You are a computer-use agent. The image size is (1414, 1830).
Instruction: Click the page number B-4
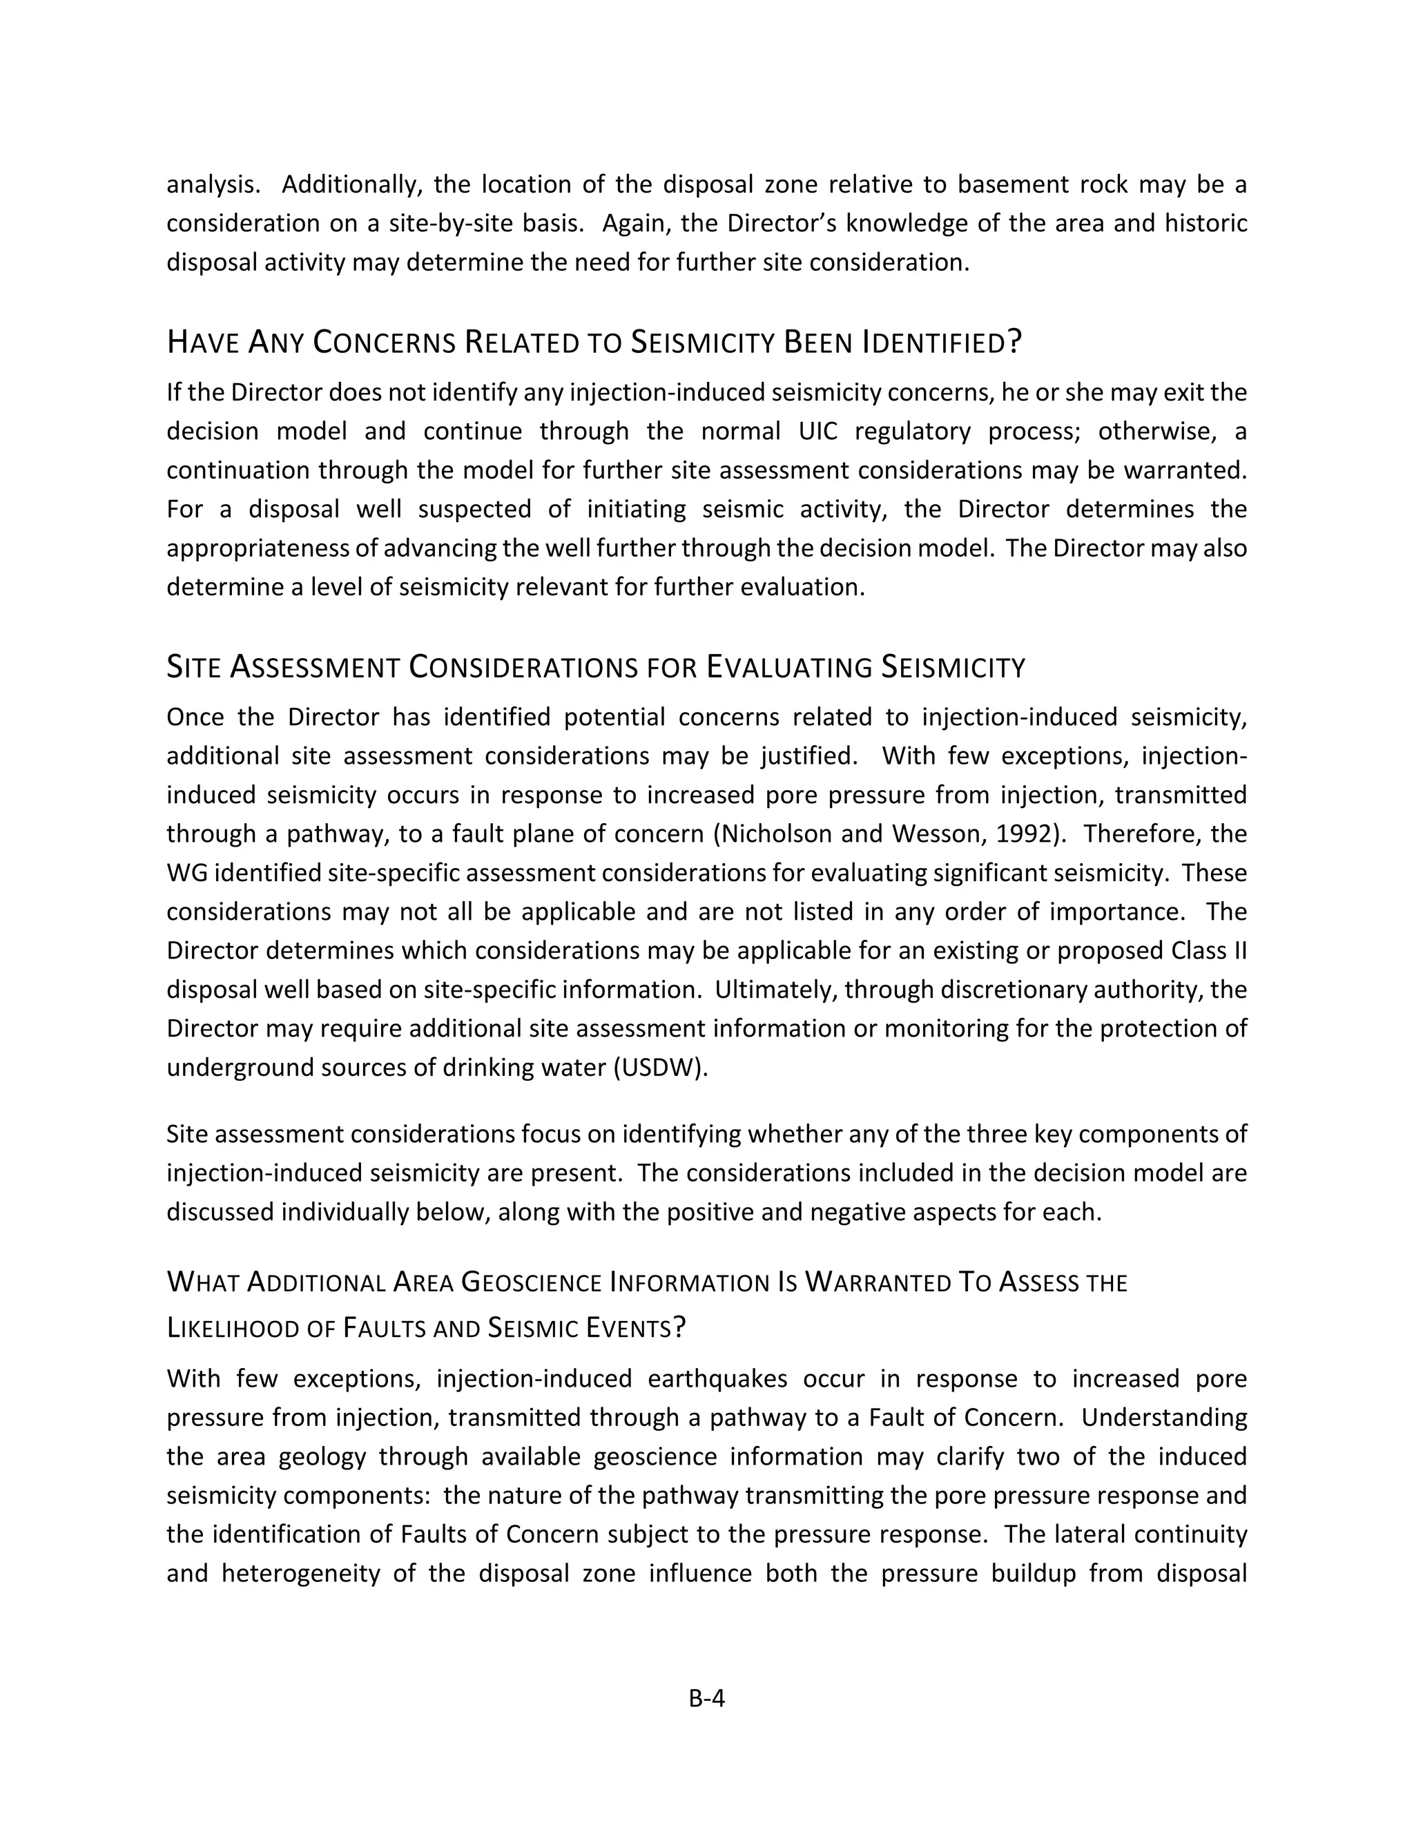[706, 1699]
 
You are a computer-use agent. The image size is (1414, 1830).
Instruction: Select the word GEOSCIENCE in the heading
[531, 1283]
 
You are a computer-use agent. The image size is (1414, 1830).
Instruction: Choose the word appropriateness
[260, 548]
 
